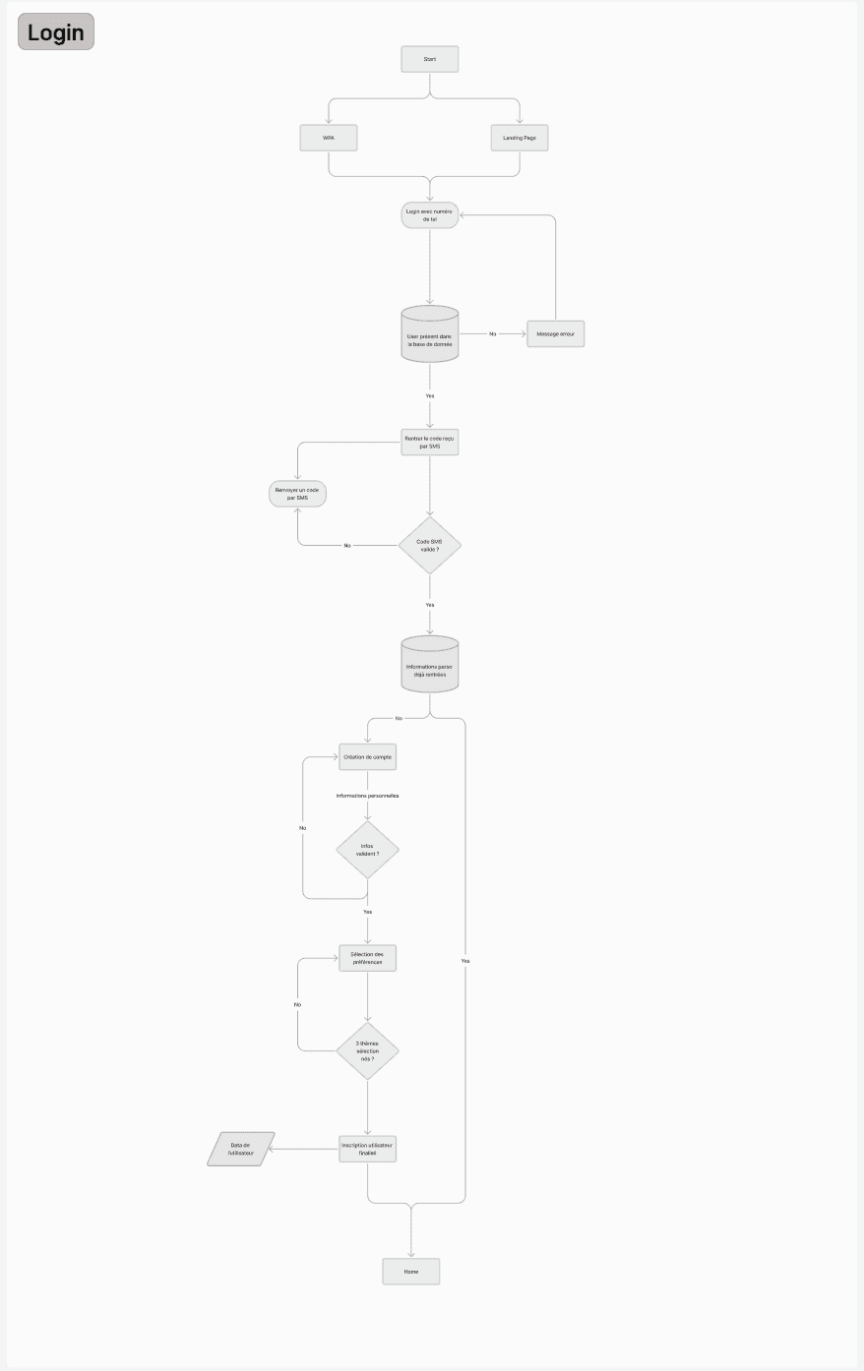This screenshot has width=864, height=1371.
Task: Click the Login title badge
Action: [x=56, y=31]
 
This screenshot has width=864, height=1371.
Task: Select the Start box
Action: [x=430, y=59]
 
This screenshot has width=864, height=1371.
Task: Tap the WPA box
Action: [x=329, y=138]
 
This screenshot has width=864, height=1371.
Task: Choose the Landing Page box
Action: [x=520, y=138]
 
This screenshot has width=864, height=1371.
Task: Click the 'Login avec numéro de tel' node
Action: [x=430, y=215]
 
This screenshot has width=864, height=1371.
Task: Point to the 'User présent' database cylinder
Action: [x=430, y=335]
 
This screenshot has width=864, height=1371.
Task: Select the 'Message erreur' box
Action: [x=556, y=334]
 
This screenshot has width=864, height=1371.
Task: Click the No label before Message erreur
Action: [x=493, y=334]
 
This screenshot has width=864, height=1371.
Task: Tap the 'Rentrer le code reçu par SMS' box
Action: [x=430, y=442]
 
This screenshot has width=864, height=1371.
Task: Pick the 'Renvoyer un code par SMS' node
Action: [x=297, y=494]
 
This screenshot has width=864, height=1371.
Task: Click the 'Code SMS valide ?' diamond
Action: [x=430, y=546]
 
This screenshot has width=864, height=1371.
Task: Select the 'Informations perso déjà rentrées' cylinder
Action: [x=430, y=666]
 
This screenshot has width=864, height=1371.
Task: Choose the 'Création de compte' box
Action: [x=368, y=757]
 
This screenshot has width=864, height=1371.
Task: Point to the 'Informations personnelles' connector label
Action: [x=367, y=796]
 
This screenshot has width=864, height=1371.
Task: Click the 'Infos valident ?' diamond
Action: [x=368, y=850]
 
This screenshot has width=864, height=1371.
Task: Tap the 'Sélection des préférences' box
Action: [x=368, y=958]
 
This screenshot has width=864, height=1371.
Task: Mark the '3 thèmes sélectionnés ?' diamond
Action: [x=368, y=1051]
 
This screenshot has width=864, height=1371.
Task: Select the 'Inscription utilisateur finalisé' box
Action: [x=368, y=1149]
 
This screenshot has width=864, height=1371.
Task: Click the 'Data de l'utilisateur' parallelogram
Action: [x=241, y=1149]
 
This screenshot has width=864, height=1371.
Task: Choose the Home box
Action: [x=411, y=1272]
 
